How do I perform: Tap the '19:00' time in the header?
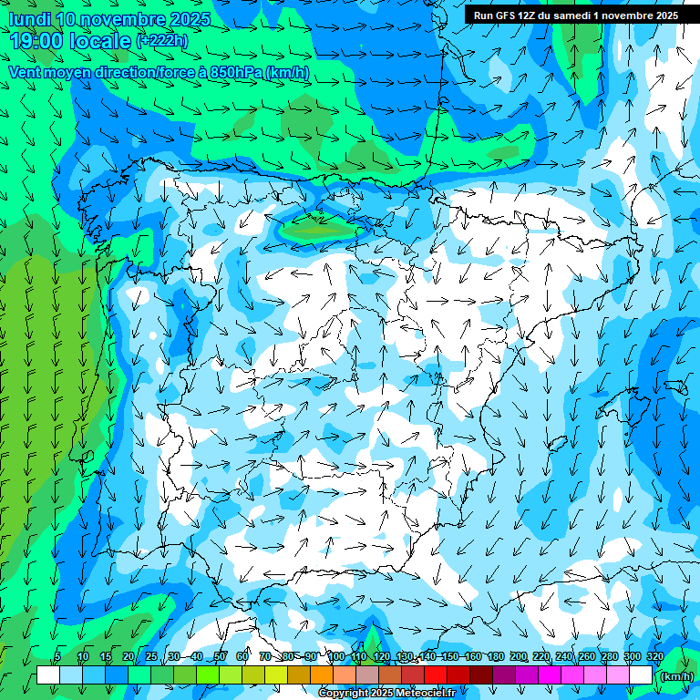click(x=36, y=40)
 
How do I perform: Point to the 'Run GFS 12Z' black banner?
click(x=574, y=15)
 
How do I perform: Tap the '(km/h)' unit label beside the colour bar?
click(x=676, y=676)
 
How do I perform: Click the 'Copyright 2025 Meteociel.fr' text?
click(x=388, y=694)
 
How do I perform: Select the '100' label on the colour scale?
click(x=335, y=657)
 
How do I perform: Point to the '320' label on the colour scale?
click(x=655, y=657)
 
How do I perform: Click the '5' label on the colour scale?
click(x=57, y=657)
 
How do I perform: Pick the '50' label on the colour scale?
click(x=220, y=657)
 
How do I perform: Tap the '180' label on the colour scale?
click(x=495, y=657)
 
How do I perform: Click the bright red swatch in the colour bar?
click(x=436, y=675)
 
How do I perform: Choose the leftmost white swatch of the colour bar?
click(x=48, y=675)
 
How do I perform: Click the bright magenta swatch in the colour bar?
click(x=550, y=675)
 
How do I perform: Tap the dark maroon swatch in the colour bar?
click(x=481, y=675)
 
